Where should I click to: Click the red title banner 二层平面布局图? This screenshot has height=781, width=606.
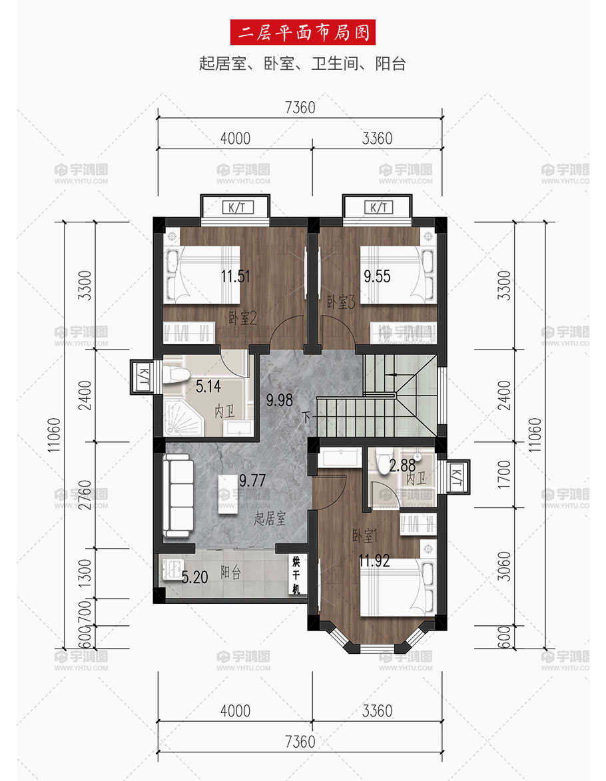[302, 33]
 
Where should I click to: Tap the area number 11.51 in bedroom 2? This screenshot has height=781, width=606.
[235, 276]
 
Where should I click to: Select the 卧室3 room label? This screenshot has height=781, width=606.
[341, 302]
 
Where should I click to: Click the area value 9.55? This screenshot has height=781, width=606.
[378, 276]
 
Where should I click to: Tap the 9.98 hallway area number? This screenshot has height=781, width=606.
[279, 399]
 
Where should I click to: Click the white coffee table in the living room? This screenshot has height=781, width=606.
[228, 493]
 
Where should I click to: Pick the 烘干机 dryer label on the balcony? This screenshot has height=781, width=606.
[296, 575]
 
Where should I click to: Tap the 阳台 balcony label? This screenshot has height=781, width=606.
[230, 573]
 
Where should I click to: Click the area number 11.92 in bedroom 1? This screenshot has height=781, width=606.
[374, 561]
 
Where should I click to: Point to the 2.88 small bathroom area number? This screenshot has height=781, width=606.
[402, 465]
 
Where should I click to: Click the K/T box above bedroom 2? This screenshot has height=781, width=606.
[238, 207]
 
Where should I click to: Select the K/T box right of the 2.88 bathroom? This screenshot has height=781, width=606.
[456, 477]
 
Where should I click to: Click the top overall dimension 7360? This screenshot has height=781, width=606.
[300, 108]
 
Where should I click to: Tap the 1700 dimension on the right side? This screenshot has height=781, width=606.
[504, 475]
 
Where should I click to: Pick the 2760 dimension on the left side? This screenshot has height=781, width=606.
[85, 495]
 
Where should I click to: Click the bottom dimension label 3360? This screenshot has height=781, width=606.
[378, 711]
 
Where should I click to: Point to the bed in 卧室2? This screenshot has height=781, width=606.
[202, 274]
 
